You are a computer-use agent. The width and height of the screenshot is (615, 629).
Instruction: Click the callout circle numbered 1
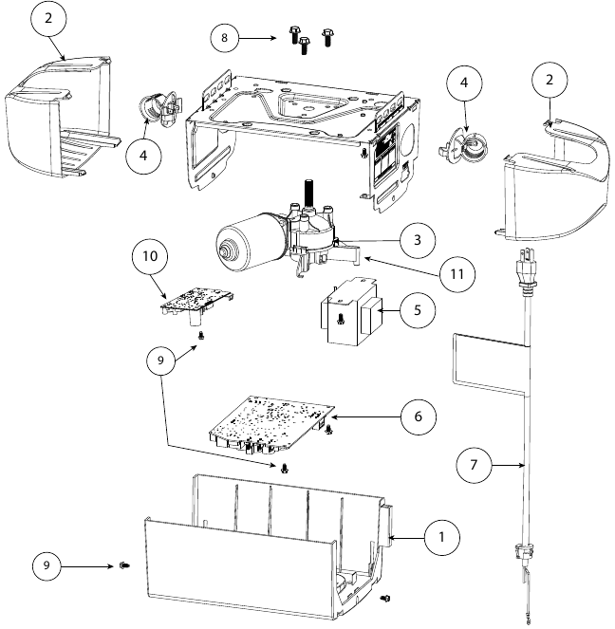pyautogui.click(x=440, y=537)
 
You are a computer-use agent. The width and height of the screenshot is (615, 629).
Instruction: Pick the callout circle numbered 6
pyautogui.click(x=418, y=416)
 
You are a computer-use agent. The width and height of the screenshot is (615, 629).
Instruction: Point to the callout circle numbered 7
pyautogui.click(x=475, y=465)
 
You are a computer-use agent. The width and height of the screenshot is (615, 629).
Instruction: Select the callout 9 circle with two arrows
pyautogui.click(x=161, y=361)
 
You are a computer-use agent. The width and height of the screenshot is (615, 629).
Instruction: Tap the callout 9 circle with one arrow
pyautogui.click(x=43, y=566)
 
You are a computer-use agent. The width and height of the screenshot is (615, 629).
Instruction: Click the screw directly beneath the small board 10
pyautogui.click(x=201, y=334)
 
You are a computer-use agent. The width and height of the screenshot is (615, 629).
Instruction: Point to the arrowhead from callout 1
pyautogui.click(x=388, y=538)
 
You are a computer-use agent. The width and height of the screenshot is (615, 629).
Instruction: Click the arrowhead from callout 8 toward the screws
pyautogui.click(x=277, y=39)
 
